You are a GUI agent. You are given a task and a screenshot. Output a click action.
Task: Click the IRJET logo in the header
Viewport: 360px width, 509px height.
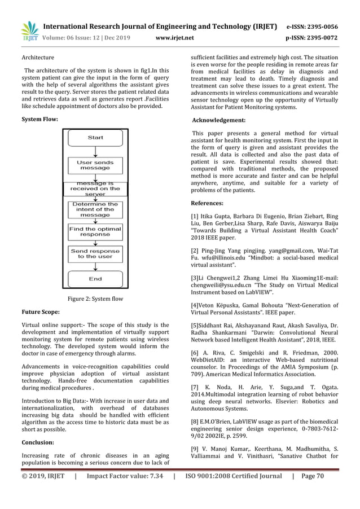pos(29,31)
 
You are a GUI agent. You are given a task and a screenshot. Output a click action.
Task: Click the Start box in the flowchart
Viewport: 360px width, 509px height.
pos(95,138)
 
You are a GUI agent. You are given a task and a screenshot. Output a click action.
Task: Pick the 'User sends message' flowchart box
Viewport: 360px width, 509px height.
pos(95,165)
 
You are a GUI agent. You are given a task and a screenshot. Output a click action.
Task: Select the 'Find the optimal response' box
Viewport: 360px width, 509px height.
pos(95,231)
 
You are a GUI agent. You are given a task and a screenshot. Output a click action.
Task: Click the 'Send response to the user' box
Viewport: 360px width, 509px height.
pos(95,253)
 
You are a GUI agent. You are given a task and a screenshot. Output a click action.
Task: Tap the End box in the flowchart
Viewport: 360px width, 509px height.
pos(95,279)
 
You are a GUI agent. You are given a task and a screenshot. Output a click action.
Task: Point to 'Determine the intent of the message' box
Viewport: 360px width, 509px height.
pos(95,209)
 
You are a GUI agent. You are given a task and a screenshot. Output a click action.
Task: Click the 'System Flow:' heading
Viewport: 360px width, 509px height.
pos(39,120)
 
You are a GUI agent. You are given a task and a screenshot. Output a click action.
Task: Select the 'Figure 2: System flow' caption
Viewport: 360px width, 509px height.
pos(95,299)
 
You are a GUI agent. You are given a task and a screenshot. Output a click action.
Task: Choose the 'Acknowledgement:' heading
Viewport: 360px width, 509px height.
pos(219,120)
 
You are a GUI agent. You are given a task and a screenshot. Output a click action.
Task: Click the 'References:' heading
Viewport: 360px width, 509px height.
pos(208,203)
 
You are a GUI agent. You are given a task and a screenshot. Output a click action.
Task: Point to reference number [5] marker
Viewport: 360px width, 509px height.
pos(196,326)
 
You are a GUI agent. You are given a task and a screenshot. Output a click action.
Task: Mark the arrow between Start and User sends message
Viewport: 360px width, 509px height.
pos(95,151)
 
